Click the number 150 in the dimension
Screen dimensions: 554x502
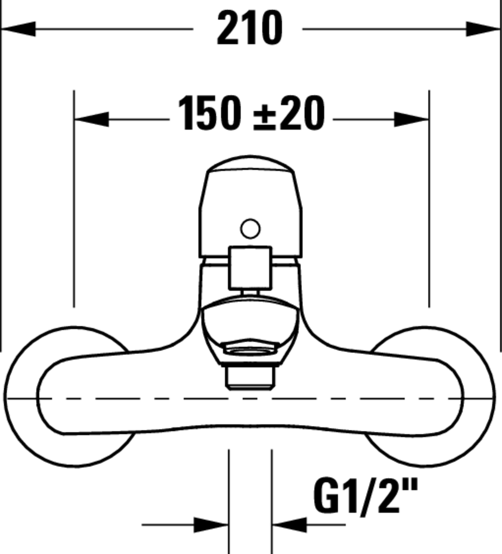[209, 113]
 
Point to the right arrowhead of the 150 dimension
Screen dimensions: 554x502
[411, 119]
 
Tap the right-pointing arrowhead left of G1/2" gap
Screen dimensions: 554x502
[211, 525]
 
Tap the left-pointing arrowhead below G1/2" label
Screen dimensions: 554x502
[289, 525]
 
